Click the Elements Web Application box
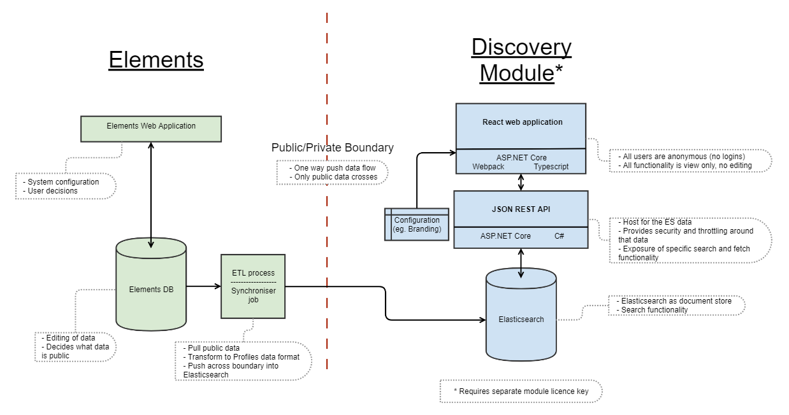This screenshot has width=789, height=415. [151, 128]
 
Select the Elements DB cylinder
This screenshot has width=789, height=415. [151, 289]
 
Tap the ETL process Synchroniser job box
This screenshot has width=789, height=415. [253, 286]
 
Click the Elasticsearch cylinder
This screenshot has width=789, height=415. [521, 318]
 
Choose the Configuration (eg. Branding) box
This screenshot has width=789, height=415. [417, 225]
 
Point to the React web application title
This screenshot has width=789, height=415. [522, 122]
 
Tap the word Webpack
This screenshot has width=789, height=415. [489, 167]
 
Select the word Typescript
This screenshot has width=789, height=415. [551, 167]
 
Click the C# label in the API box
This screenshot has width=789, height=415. [559, 236]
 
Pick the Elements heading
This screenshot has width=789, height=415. [156, 59]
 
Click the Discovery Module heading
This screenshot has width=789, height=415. [521, 60]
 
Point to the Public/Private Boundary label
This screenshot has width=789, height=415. [332, 148]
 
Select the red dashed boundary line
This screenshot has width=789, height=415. [327, 255]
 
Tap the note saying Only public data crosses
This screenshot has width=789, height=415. [333, 177]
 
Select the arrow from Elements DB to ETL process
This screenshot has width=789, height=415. [203, 286]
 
